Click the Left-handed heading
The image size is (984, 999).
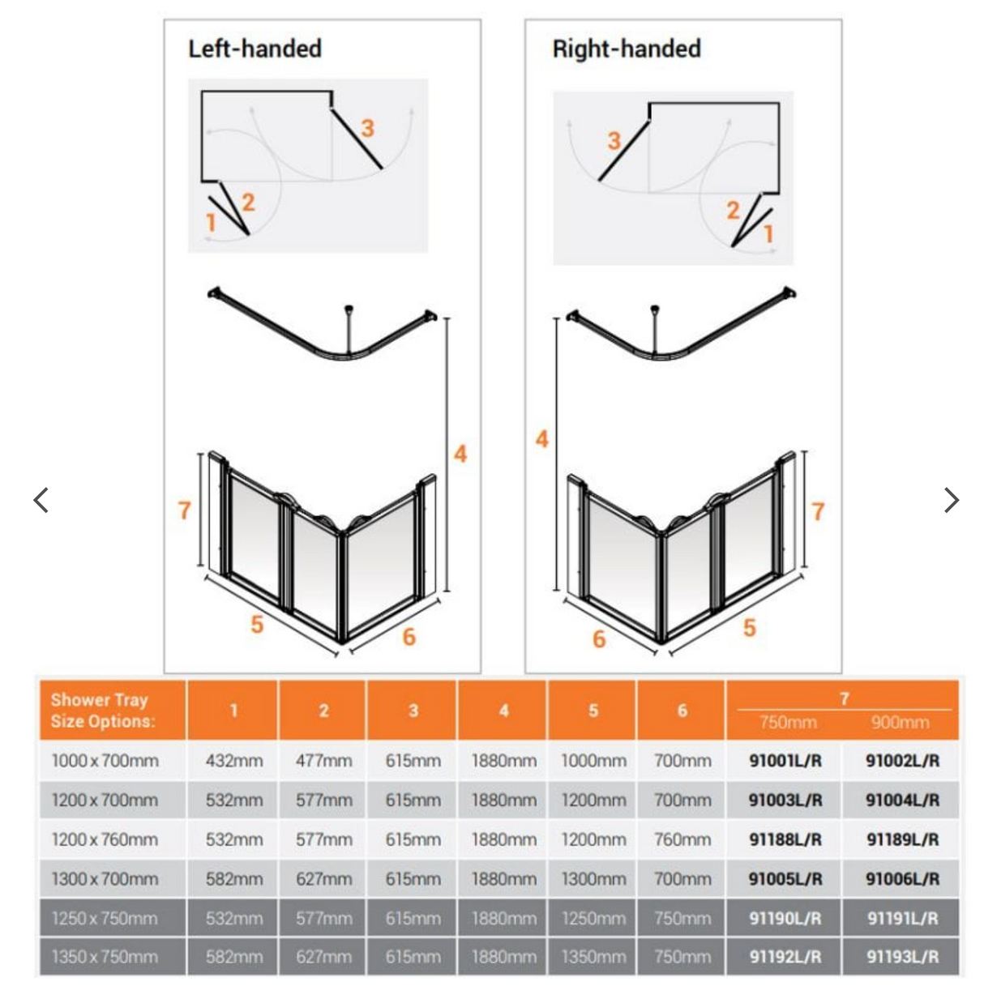pyautogui.click(x=255, y=49)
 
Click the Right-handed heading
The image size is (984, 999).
pyautogui.click(x=626, y=49)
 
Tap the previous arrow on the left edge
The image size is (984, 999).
pyautogui.click(x=41, y=500)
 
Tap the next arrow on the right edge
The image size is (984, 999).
pyautogui.click(x=952, y=500)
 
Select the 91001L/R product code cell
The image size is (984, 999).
pyautogui.click(x=785, y=761)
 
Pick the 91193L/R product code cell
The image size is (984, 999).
pyautogui.click(x=902, y=957)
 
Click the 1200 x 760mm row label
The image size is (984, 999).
pyautogui.click(x=105, y=839)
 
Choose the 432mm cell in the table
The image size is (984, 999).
pyautogui.click(x=233, y=761)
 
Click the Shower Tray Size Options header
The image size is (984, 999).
pyautogui.click(x=101, y=711)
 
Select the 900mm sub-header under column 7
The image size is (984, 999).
pyautogui.click(x=900, y=722)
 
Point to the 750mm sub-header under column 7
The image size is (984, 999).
pyautogui.click(x=787, y=722)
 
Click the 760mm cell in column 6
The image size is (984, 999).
pyautogui.click(x=682, y=839)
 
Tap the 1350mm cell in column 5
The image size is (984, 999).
pyautogui.click(x=593, y=957)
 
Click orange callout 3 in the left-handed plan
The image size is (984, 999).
pyautogui.click(x=367, y=128)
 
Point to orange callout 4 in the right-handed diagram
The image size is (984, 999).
pyautogui.click(x=541, y=439)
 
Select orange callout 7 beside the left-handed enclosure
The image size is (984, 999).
pyautogui.click(x=184, y=510)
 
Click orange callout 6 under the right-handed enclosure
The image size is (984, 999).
pyautogui.click(x=599, y=638)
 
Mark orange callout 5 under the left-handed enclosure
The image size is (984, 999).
pyautogui.click(x=256, y=624)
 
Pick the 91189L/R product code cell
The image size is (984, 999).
pyautogui.click(x=902, y=839)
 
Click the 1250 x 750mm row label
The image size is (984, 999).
pyautogui.click(x=105, y=918)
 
